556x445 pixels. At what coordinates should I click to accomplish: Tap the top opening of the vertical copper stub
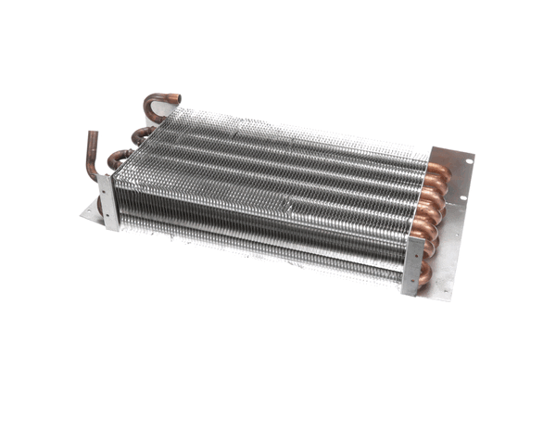(93, 135)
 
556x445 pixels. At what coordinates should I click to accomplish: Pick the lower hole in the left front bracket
(109, 217)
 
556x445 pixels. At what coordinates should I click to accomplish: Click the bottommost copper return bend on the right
(425, 274)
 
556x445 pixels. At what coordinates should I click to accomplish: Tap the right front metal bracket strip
(413, 265)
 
